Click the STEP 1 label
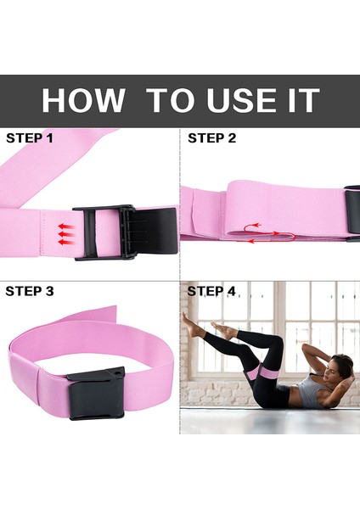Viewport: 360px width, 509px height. click(31, 137)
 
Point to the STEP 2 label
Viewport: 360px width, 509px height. click(211, 137)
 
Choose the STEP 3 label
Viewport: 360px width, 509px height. click(31, 291)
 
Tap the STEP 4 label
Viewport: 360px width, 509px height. click(211, 291)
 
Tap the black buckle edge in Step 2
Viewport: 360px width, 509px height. click(352, 213)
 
